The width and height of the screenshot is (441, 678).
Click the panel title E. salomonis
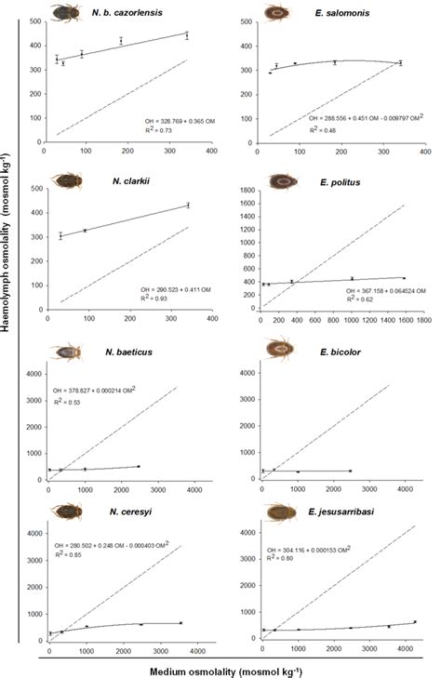pos(340,12)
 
